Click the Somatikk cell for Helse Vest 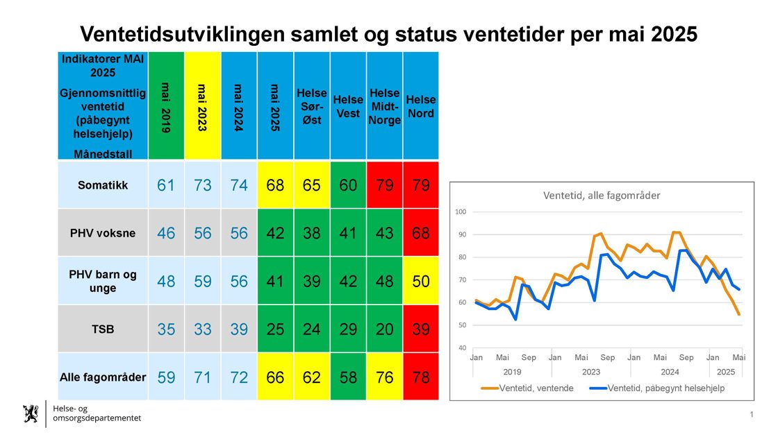348,185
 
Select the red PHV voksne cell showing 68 421,233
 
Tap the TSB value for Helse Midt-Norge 384,329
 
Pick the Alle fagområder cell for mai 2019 166,377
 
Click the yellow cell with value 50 421,281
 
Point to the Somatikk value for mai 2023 203,185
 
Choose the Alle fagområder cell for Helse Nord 421,377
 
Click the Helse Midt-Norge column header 384,106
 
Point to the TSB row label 103,329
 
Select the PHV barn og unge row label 103,281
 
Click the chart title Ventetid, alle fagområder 602,196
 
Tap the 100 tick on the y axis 462,212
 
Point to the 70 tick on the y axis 462,280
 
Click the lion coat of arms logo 31,413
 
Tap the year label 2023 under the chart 590,372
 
